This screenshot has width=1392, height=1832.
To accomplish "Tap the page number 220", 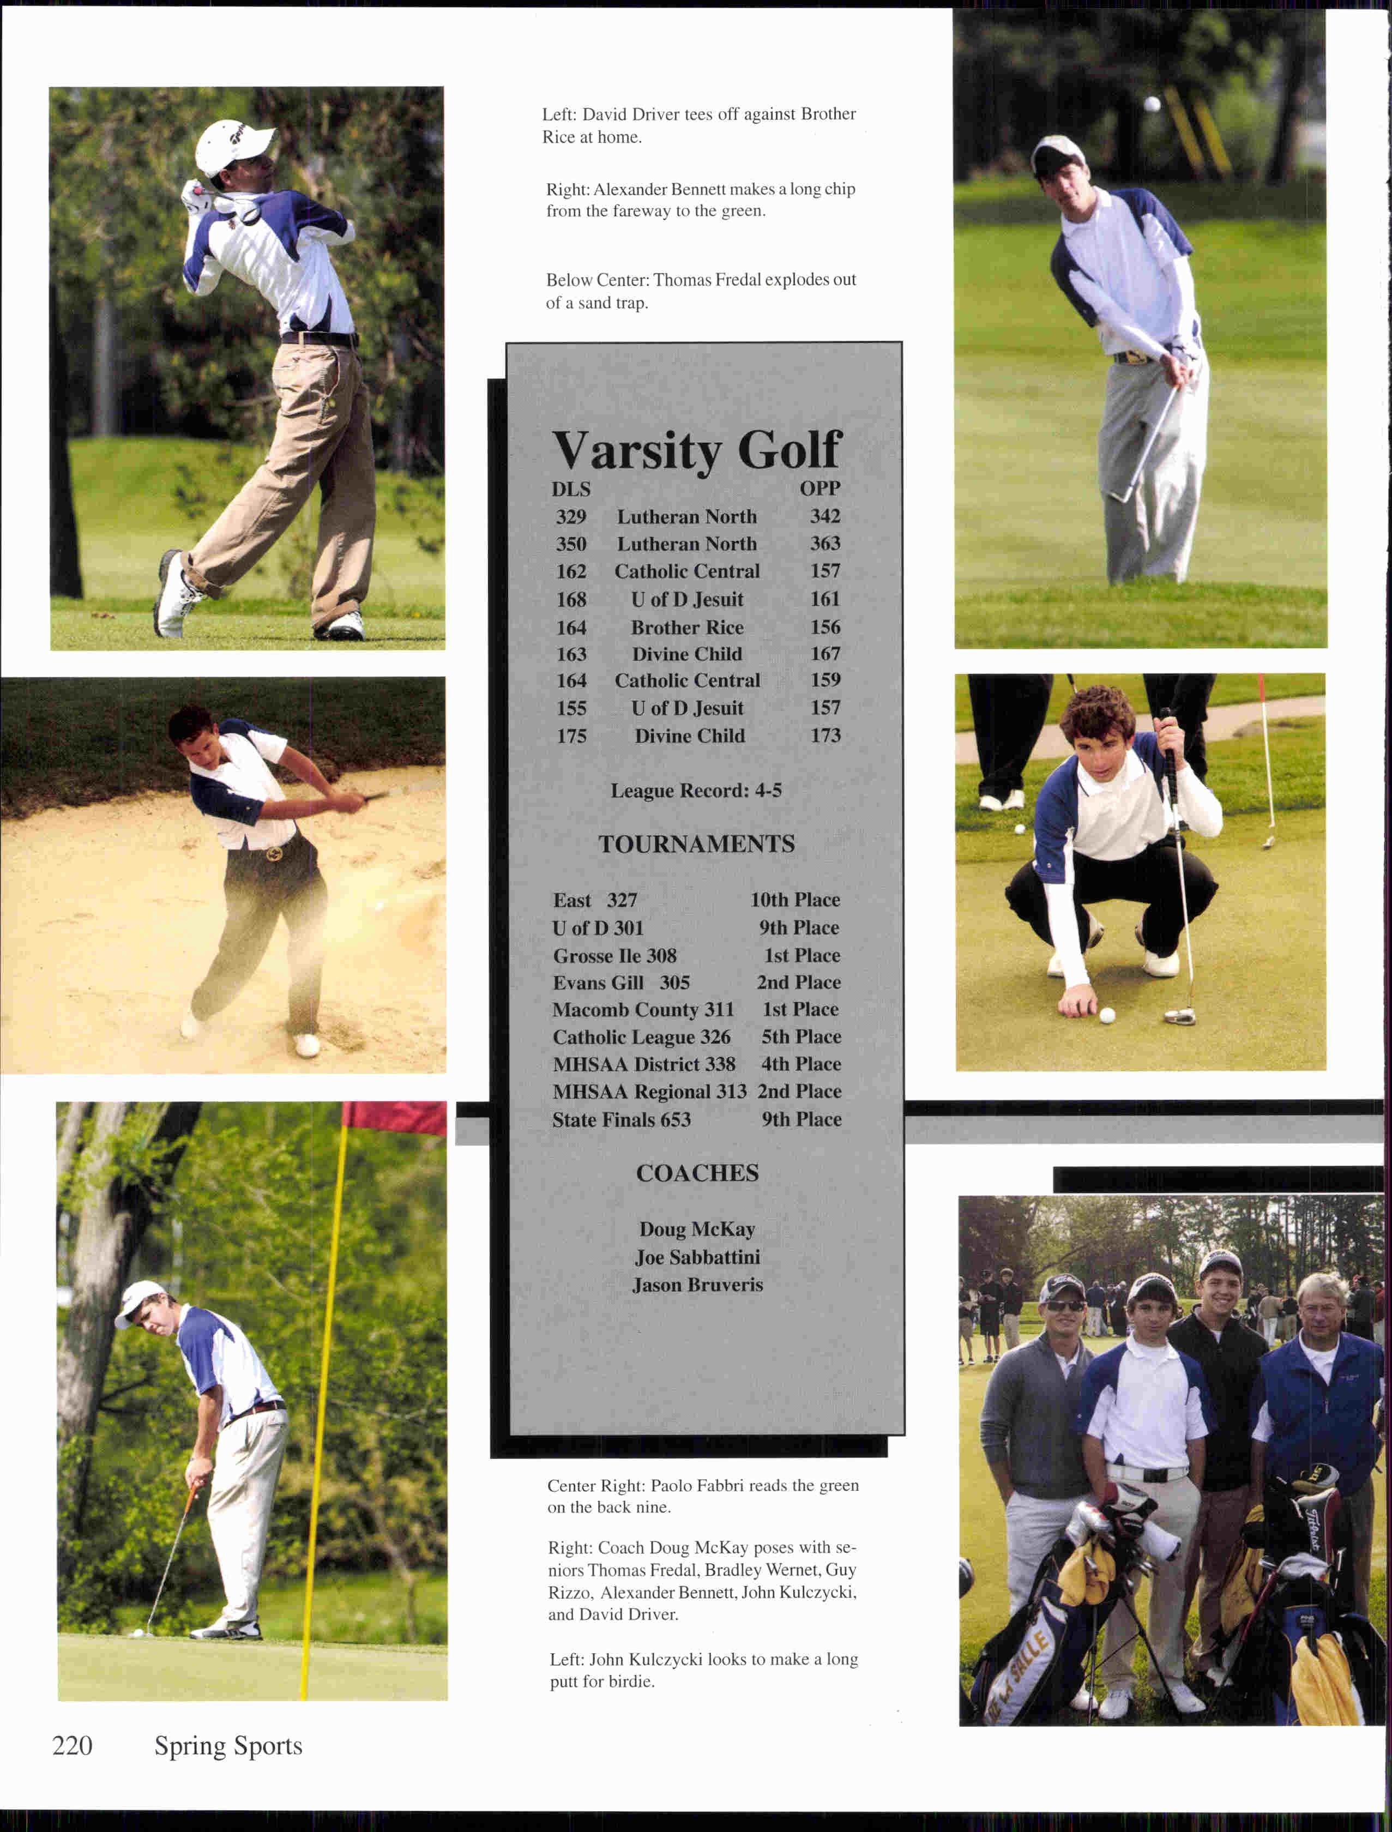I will click(x=72, y=1746).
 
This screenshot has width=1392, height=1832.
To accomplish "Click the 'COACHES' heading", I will click(x=697, y=1173).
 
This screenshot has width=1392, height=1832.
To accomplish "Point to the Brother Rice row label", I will click(x=687, y=627).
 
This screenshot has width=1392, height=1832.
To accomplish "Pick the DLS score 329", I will click(x=571, y=517).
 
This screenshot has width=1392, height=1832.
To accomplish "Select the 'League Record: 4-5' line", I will click(x=696, y=791).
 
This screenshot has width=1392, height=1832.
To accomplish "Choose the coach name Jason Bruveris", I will click(x=697, y=1285).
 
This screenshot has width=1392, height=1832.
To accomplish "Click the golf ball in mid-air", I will click(x=1152, y=104).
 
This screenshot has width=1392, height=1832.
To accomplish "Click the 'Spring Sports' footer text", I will click(x=228, y=1746).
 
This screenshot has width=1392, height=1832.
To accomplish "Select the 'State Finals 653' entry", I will click(x=622, y=1120).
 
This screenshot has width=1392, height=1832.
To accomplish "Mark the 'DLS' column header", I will click(x=571, y=489).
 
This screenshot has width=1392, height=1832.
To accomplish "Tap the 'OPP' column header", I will click(x=819, y=489).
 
